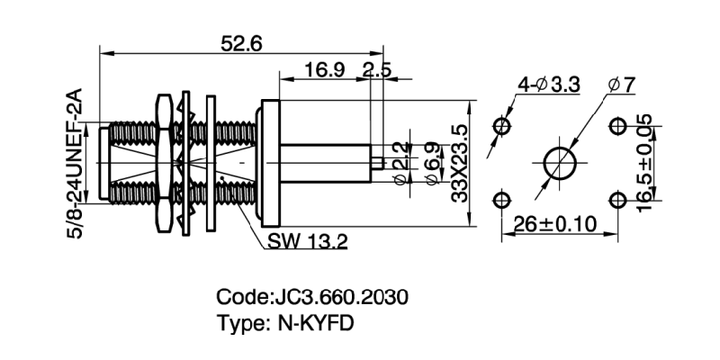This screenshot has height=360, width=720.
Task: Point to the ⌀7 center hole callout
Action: [621, 85]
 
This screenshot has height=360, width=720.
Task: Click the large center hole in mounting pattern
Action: [561, 162]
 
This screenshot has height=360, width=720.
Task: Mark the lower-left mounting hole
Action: [502, 200]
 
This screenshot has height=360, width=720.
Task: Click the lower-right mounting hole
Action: [618, 200]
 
